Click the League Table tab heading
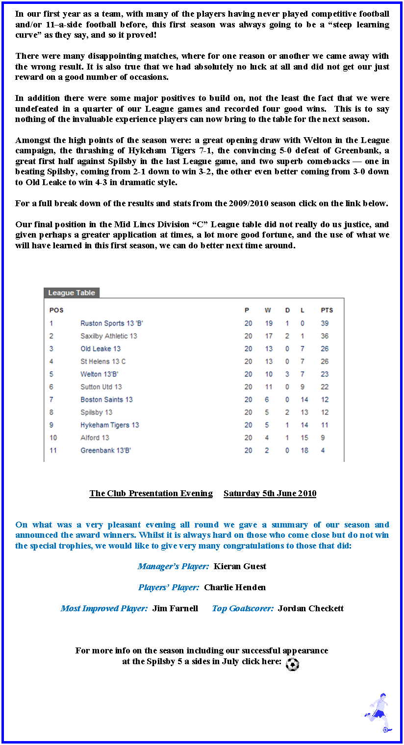[72, 293]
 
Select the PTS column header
[327, 310]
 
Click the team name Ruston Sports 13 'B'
[112, 323]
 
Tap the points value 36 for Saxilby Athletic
[325, 336]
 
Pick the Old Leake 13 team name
[101, 349]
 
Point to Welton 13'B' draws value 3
[287, 374]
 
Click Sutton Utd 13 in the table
[101, 387]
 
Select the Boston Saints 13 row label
[106, 400]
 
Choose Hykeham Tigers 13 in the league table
[110, 425]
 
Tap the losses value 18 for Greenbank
[304, 451]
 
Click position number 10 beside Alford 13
[53, 438]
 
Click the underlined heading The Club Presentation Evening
[151, 493]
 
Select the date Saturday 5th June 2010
[270, 493]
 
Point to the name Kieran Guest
[240, 566]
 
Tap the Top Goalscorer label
[243, 608]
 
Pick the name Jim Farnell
[175, 608]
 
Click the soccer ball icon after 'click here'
[292, 664]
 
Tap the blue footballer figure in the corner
[378, 713]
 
